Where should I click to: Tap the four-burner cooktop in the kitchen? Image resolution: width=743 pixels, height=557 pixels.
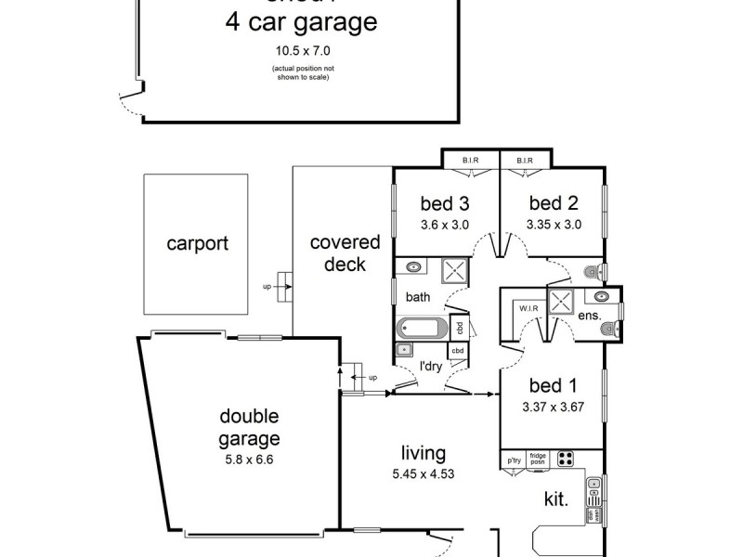(x=565, y=459)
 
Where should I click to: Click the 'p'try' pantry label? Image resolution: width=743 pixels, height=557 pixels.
(x=513, y=459)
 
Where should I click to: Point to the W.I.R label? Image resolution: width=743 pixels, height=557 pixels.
(x=529, y=308)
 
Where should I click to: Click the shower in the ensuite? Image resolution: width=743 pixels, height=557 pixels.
(x=560, y=301)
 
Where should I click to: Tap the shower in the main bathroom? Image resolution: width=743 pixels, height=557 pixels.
(x=455, y=272)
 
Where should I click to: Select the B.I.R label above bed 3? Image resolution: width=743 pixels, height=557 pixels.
(x=471, y=161)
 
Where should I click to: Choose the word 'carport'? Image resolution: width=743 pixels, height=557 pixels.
(x=197, y=244)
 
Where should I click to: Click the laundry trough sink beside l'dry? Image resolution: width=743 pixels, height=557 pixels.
(x=403, y=351)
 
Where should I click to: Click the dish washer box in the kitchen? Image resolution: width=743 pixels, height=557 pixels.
(x=591, y=515)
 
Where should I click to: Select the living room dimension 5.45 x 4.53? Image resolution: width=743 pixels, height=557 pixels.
(x=424, y=473)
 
